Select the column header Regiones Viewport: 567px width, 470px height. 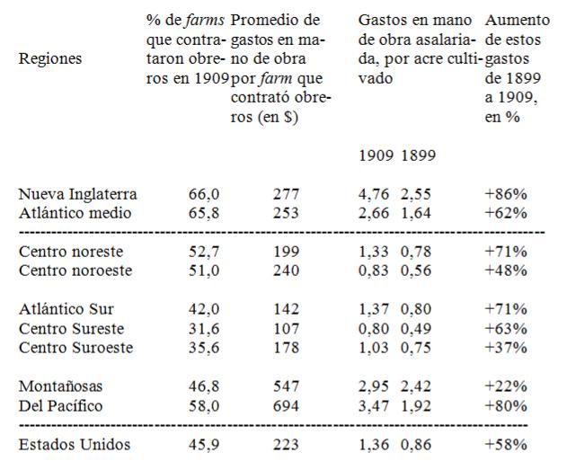pos(49,58)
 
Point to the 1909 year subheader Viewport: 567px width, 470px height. pos(375,155)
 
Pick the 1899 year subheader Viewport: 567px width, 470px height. pos(418,155)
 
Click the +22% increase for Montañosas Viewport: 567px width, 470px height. pos(505,386)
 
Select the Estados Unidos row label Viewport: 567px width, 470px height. pos(75,444)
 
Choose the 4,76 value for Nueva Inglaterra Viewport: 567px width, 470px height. pos(375,193)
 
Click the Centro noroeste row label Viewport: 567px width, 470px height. pos(75,270)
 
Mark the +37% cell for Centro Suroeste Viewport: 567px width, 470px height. pos(505,348)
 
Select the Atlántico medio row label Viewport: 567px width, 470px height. pos(75,213)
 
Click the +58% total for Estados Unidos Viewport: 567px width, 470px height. pos(505,444)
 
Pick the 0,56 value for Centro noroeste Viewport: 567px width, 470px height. pos(418,270)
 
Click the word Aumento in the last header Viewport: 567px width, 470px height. pos(511,19)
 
